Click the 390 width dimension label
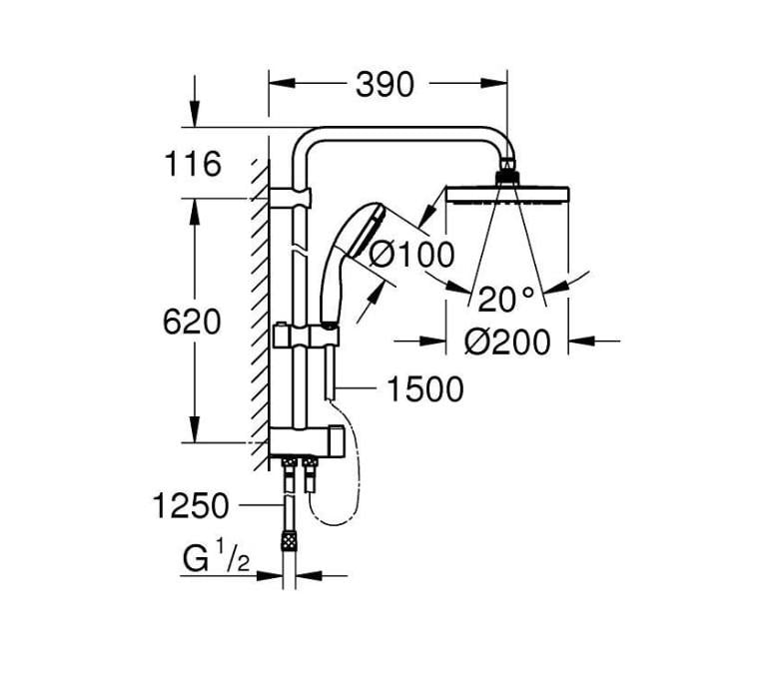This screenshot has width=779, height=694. pyautogui.click(x=385, y=86)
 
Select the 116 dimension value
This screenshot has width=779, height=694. pyautogui.click(x=192, y=164)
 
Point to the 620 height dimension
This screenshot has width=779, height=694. pyautogui.click(x=192, y=322)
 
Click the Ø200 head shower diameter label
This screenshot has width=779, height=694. pyautogui.click(x=508, y=343)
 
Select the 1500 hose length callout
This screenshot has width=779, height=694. pyautogui.click(x=425, y=389)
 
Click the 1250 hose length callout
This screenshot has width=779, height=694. pyautogui.click(x=192, y=506)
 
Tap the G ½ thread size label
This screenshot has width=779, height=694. pyautogui.click(x=215, y=559)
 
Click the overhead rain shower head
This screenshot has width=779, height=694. pyautogui.click(x=507, y=195)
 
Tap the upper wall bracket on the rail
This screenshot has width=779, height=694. pyautogui.click(x=298, y=195)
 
